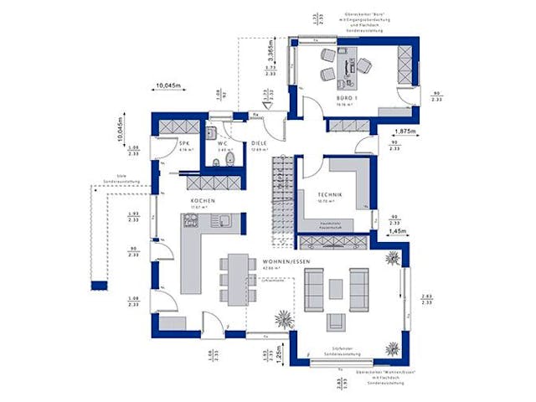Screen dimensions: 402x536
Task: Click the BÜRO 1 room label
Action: (346, 100)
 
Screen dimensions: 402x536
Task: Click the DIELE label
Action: (260, 143)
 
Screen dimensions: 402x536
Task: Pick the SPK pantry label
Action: (185, 144)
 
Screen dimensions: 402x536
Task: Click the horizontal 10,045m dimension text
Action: (170, 84)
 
